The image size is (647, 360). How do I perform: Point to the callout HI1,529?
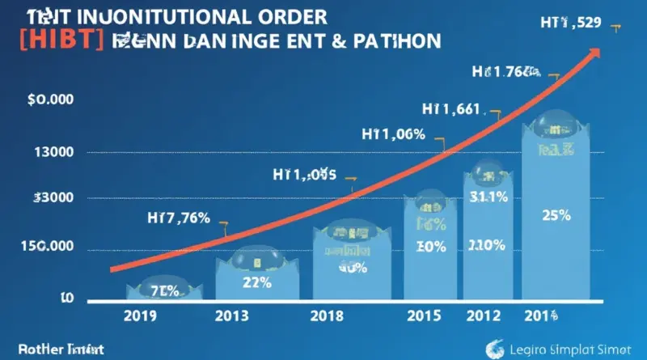point(570,23)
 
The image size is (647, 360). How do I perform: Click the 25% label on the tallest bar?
point(556,216)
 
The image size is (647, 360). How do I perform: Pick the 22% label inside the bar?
point(256,282)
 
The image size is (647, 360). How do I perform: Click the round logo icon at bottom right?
point(495,349)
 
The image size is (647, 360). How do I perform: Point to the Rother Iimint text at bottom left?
point(53,351)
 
